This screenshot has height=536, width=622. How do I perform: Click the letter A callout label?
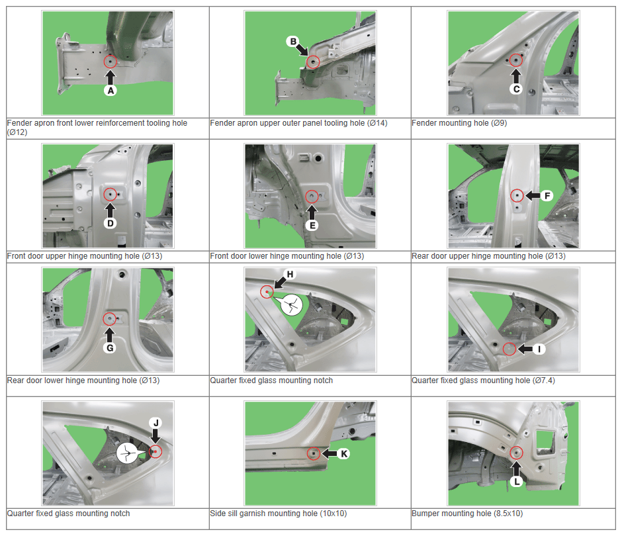point(111,91)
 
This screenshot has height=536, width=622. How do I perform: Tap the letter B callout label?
point(292,41)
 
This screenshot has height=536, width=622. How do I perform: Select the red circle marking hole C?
point(515,60)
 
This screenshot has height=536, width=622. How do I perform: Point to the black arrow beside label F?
point(533,196)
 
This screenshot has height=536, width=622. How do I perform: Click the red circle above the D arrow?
point(110,195)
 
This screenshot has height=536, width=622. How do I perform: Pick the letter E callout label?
point(312,226)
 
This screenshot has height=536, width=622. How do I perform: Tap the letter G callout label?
point(109,348)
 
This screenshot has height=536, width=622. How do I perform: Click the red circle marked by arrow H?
point(267,292)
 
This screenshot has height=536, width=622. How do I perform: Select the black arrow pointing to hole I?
point(525,349)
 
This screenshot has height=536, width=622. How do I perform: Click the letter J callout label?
point(155,423)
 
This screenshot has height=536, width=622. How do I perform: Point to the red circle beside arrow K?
point(314,453)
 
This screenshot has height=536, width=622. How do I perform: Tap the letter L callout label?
point(517,482)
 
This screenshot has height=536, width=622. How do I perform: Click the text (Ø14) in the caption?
point(377,123)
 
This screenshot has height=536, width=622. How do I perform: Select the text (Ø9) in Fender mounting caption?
point(499,123)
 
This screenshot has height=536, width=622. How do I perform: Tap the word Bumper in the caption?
point(424,514)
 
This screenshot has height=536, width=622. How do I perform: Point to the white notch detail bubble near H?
point(291,304)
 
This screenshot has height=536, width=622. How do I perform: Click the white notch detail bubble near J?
point(127,453)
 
